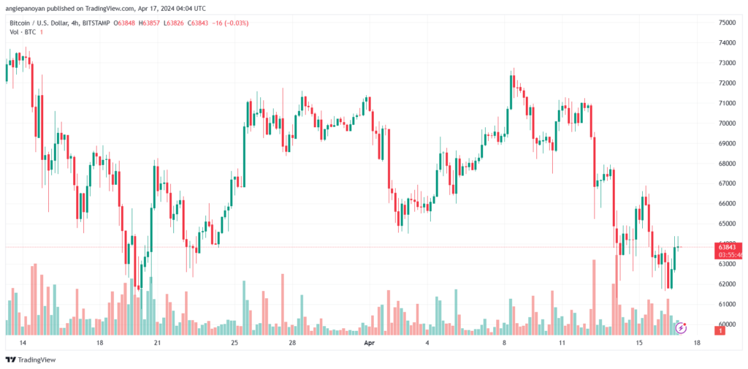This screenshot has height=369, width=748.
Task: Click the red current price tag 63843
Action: [x=729, y=247]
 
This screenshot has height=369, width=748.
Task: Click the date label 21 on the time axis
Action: [x=157, y=343]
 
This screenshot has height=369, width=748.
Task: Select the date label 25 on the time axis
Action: [x=234, y=343]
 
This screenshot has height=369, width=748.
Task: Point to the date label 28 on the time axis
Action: [x=291, y=343]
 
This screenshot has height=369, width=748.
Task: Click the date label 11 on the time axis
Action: [x=562, y=343]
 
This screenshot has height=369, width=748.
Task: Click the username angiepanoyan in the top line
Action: [x=28, y=9]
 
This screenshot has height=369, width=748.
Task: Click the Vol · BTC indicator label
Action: [x=24, y=32]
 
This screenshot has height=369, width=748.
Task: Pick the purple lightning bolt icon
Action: [x=681, y=328]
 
